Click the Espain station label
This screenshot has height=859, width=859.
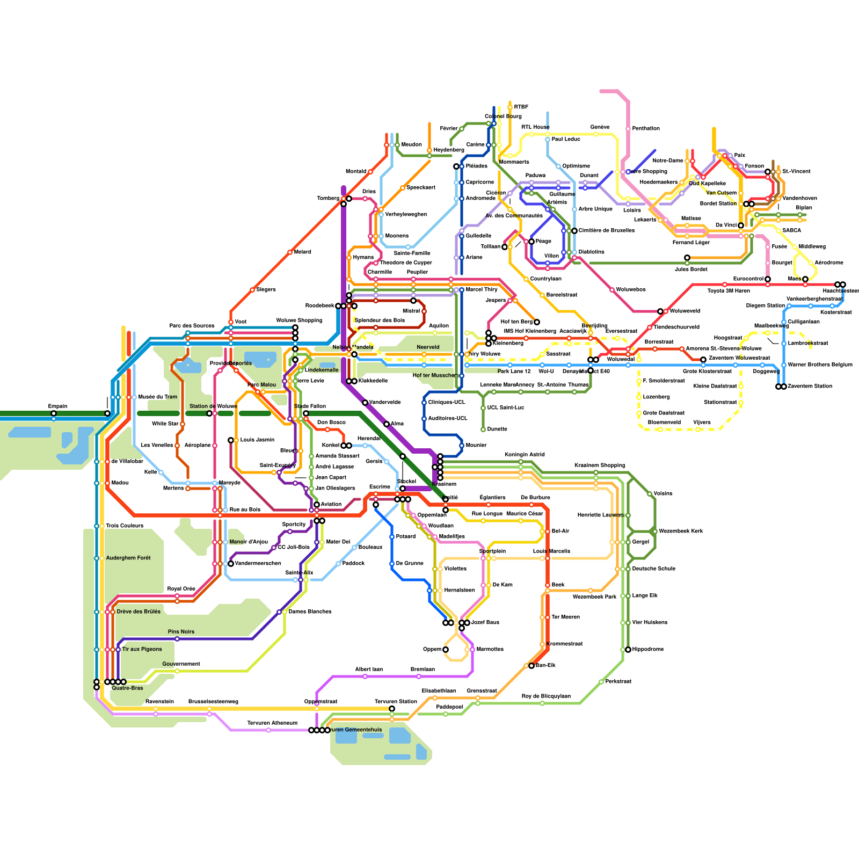57,406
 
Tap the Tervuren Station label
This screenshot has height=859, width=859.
396,701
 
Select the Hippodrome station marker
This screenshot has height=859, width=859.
628,650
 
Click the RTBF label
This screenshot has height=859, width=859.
521,107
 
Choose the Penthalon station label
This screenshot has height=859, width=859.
645,128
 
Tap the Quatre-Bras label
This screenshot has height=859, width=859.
127,688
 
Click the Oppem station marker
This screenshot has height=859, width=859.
446,650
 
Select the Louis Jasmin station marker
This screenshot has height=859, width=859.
231,440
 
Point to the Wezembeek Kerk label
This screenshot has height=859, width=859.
681,531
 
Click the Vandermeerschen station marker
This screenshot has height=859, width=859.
231,564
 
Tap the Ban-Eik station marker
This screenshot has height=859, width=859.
532,666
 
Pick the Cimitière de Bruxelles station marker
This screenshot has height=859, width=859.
574,231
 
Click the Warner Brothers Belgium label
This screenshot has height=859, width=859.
820,365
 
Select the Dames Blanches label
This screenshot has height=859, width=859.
310,612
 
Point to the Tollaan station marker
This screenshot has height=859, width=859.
505,247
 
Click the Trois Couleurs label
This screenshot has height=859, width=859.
125,526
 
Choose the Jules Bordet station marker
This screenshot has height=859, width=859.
687,258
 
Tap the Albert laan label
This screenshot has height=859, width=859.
369,669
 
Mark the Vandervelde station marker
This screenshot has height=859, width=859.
365,403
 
